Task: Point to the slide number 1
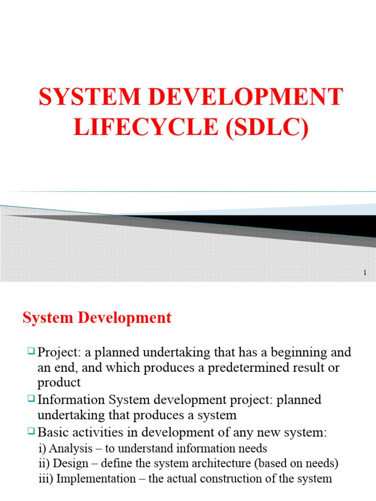pos(365,273)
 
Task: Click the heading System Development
pos(97,318)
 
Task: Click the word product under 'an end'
pos(59,383)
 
